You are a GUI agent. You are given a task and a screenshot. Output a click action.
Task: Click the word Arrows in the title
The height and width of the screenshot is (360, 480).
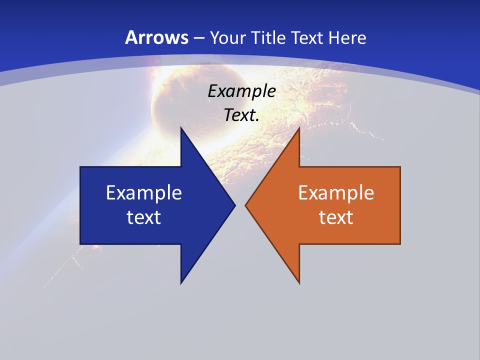click(156, 37)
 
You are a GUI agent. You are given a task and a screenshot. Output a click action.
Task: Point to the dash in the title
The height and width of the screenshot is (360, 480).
click(198, 38)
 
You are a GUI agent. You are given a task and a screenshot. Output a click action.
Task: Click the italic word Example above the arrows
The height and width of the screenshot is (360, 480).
click(241, 91)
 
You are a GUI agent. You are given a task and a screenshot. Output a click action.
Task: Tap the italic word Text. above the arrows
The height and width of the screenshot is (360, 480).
click(241, 115)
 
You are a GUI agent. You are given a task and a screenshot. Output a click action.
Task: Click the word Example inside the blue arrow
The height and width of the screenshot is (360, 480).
click(144, 193)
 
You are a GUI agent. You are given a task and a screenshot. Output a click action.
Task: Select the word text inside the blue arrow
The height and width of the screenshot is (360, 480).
click(144, 217)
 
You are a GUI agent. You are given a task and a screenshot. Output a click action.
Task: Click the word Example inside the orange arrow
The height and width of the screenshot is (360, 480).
click(336, 193)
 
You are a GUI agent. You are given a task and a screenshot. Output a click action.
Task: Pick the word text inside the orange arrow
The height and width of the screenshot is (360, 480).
click(336, 217)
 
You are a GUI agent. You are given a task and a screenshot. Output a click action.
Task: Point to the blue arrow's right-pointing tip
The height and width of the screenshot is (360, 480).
click(234, 205)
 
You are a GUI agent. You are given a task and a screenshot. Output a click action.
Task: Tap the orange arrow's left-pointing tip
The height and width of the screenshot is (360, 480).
click(246, 205)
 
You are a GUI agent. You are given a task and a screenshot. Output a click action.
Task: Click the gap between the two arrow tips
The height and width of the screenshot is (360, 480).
click(240, 205)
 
